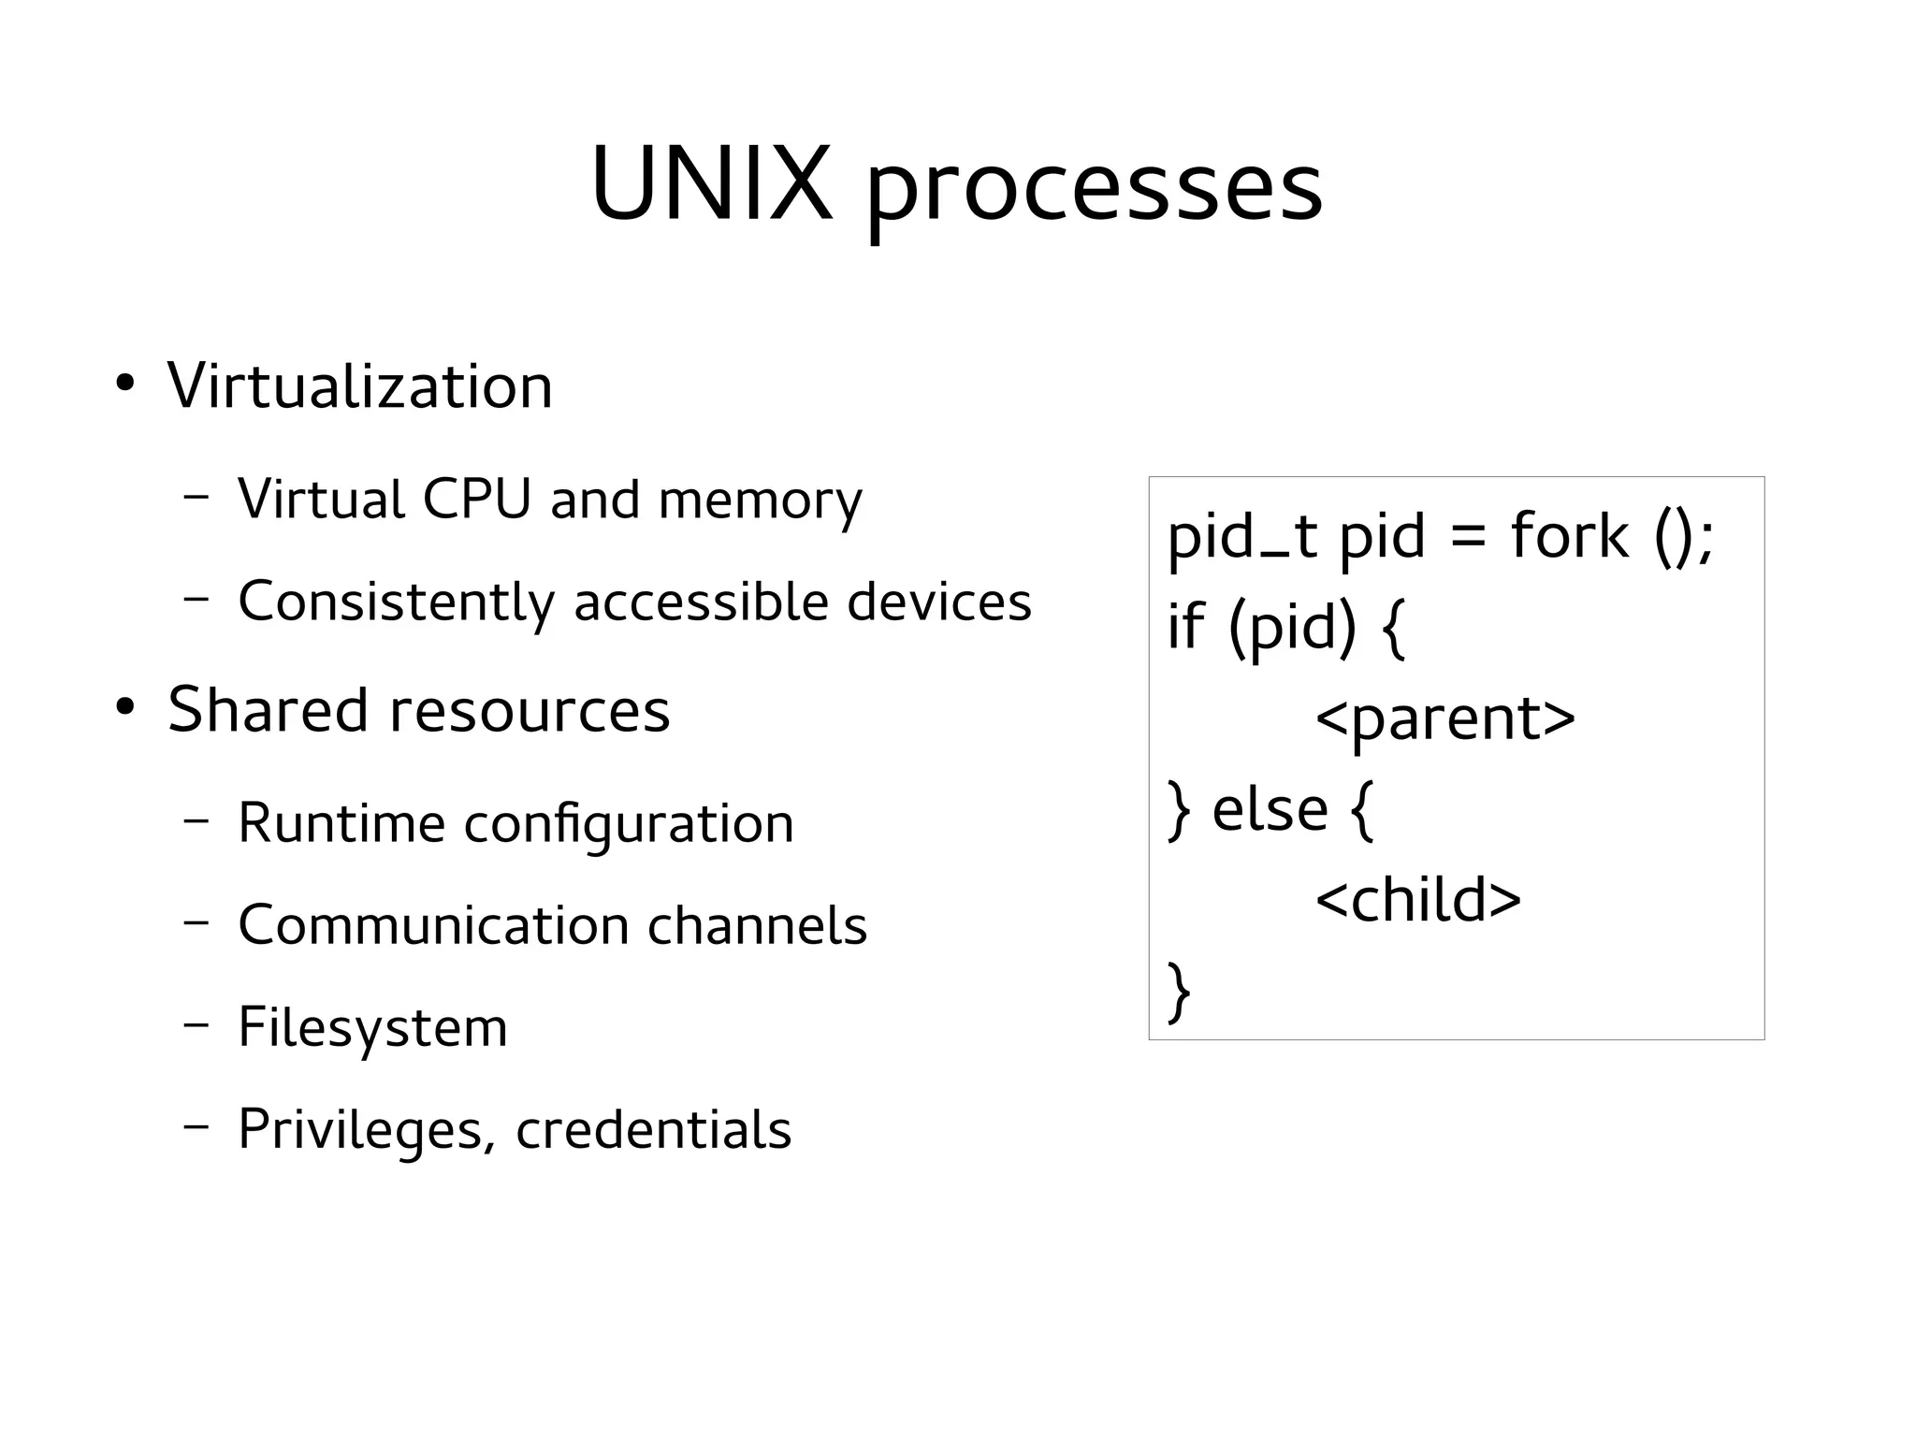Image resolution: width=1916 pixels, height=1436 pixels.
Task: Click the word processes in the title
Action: tap(1094, 192)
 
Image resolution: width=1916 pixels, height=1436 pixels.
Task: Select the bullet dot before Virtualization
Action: tap(124, 384)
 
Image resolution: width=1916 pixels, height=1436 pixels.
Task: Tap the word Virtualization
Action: tap(360, 385)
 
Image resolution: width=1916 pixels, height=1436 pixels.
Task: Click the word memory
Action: tap(760, 501)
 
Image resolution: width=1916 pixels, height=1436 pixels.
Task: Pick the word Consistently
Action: tap(397, 602)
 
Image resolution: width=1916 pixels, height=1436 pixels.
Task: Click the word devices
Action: tap(938, 601)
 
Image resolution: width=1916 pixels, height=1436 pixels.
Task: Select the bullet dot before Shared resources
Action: tap(124, 708)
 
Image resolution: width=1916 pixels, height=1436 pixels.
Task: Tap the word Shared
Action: tap(268, 709)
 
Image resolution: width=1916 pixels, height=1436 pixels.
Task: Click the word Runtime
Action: tap(341, 823)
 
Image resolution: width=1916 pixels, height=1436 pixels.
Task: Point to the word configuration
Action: tap(629, 825)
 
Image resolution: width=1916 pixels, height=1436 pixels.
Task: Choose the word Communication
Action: tap(433, 925)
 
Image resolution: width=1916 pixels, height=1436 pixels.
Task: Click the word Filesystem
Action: tap(372, 1027)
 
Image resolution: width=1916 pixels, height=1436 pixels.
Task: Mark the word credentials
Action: tap(653, 1129)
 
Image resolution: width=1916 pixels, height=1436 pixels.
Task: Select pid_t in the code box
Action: tap(1242, 539)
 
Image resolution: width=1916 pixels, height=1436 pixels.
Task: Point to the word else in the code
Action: tap(1270, 809)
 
